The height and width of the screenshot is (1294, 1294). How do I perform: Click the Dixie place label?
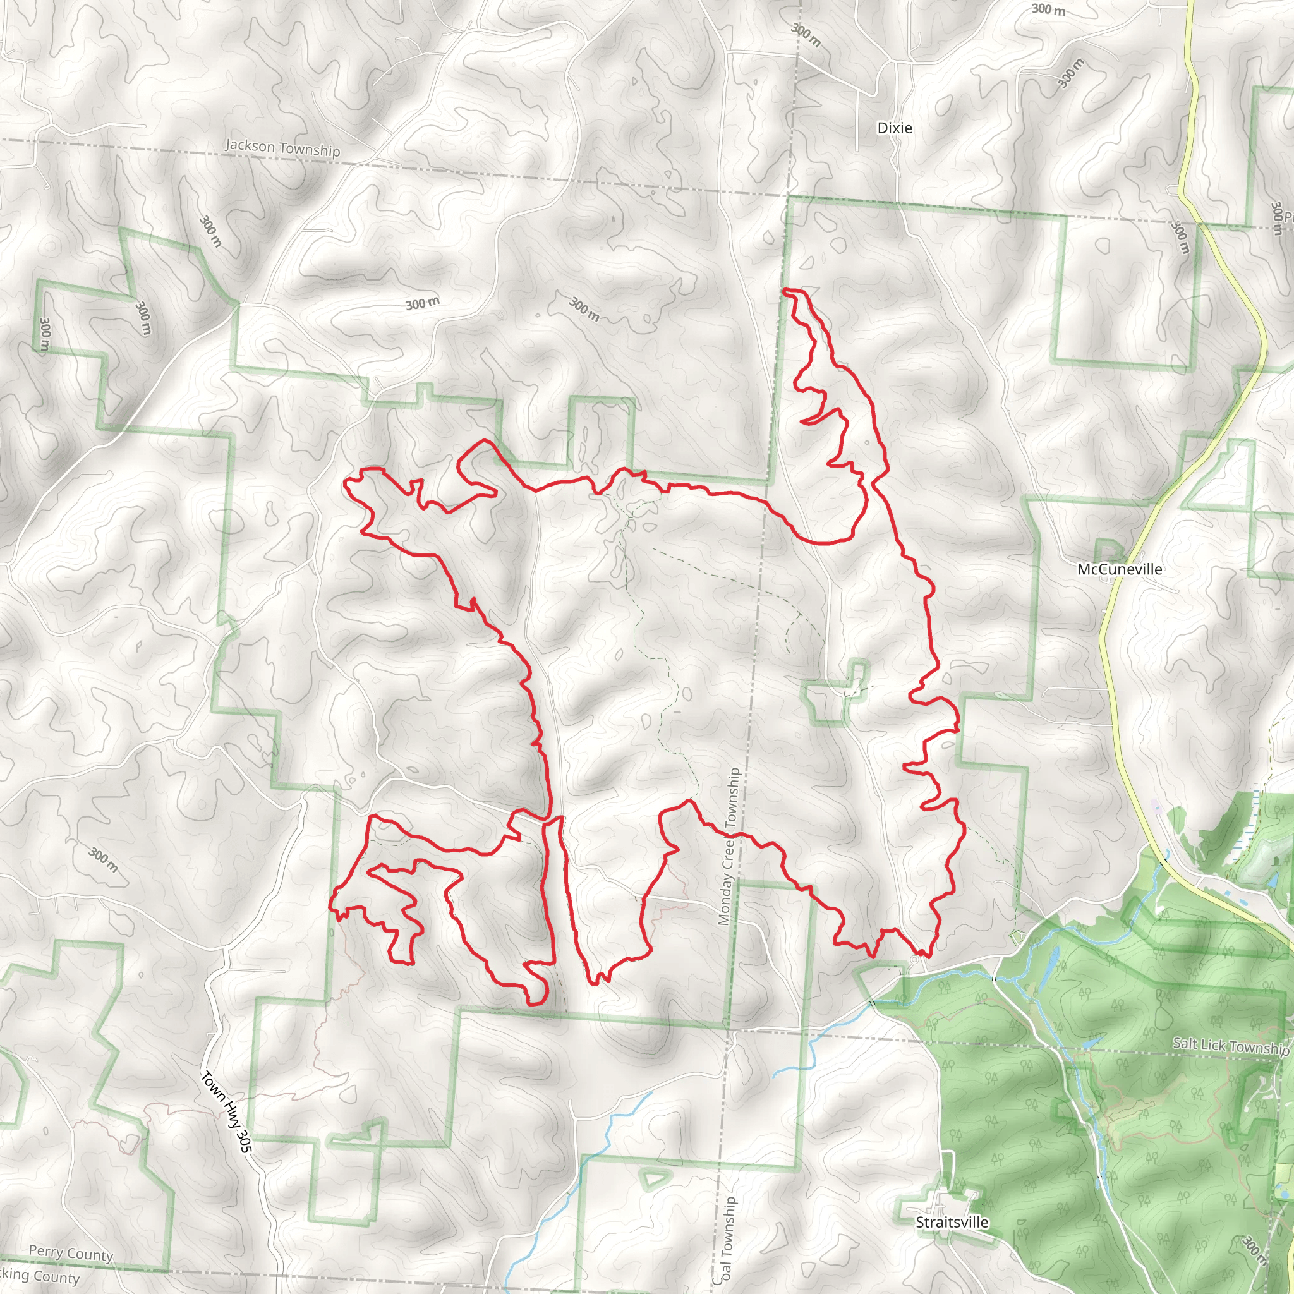[894, 128]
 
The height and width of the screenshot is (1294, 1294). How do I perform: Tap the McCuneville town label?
[1119, 569]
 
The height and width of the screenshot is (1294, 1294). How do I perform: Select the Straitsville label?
[952, 1223]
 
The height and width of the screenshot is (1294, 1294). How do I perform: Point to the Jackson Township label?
[282, 148]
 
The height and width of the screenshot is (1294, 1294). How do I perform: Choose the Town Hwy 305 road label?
[226, 1112]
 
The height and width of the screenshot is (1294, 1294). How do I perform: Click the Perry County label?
[70, 1253]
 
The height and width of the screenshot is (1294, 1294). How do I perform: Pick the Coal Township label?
[725, 1240]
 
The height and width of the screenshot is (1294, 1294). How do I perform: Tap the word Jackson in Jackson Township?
[250, 145]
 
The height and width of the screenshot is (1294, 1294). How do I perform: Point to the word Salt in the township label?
[1185, 1043]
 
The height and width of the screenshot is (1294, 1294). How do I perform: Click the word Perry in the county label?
[46, 1250]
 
